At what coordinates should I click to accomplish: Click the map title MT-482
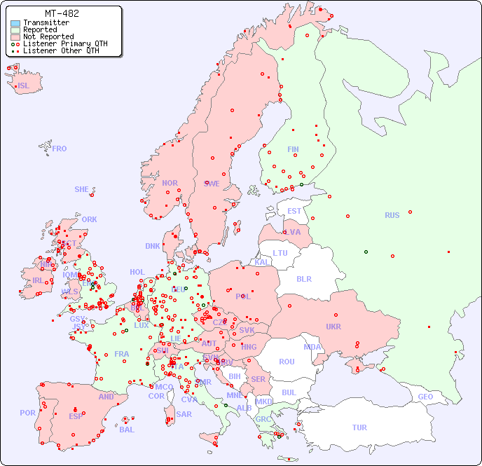[62, 13]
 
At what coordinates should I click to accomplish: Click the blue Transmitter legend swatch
[15, 23]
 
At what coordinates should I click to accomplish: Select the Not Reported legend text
[48, 36]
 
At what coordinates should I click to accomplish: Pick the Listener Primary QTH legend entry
[64, 43]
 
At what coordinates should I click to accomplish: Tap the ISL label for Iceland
[24, 86]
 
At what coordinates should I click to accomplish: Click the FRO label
[60, 149]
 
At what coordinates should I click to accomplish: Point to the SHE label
[82, 189]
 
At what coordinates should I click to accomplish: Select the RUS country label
[392, 215]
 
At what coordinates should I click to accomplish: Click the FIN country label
[293, 149]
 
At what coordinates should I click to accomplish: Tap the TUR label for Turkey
[359, 427]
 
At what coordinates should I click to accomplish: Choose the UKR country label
[333, 327]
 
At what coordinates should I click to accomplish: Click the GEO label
[425, 397]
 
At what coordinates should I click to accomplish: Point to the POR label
[27, 413]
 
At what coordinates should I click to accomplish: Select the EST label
[294, 211]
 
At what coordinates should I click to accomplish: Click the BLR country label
[303, 278]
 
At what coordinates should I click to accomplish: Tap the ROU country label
[287, 362]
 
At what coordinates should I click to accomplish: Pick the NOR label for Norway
[170, 183]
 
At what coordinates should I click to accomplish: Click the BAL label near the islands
[127, 430]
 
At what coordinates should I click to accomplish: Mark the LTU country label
[280, 253]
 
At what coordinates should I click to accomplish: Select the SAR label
[184, 414]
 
